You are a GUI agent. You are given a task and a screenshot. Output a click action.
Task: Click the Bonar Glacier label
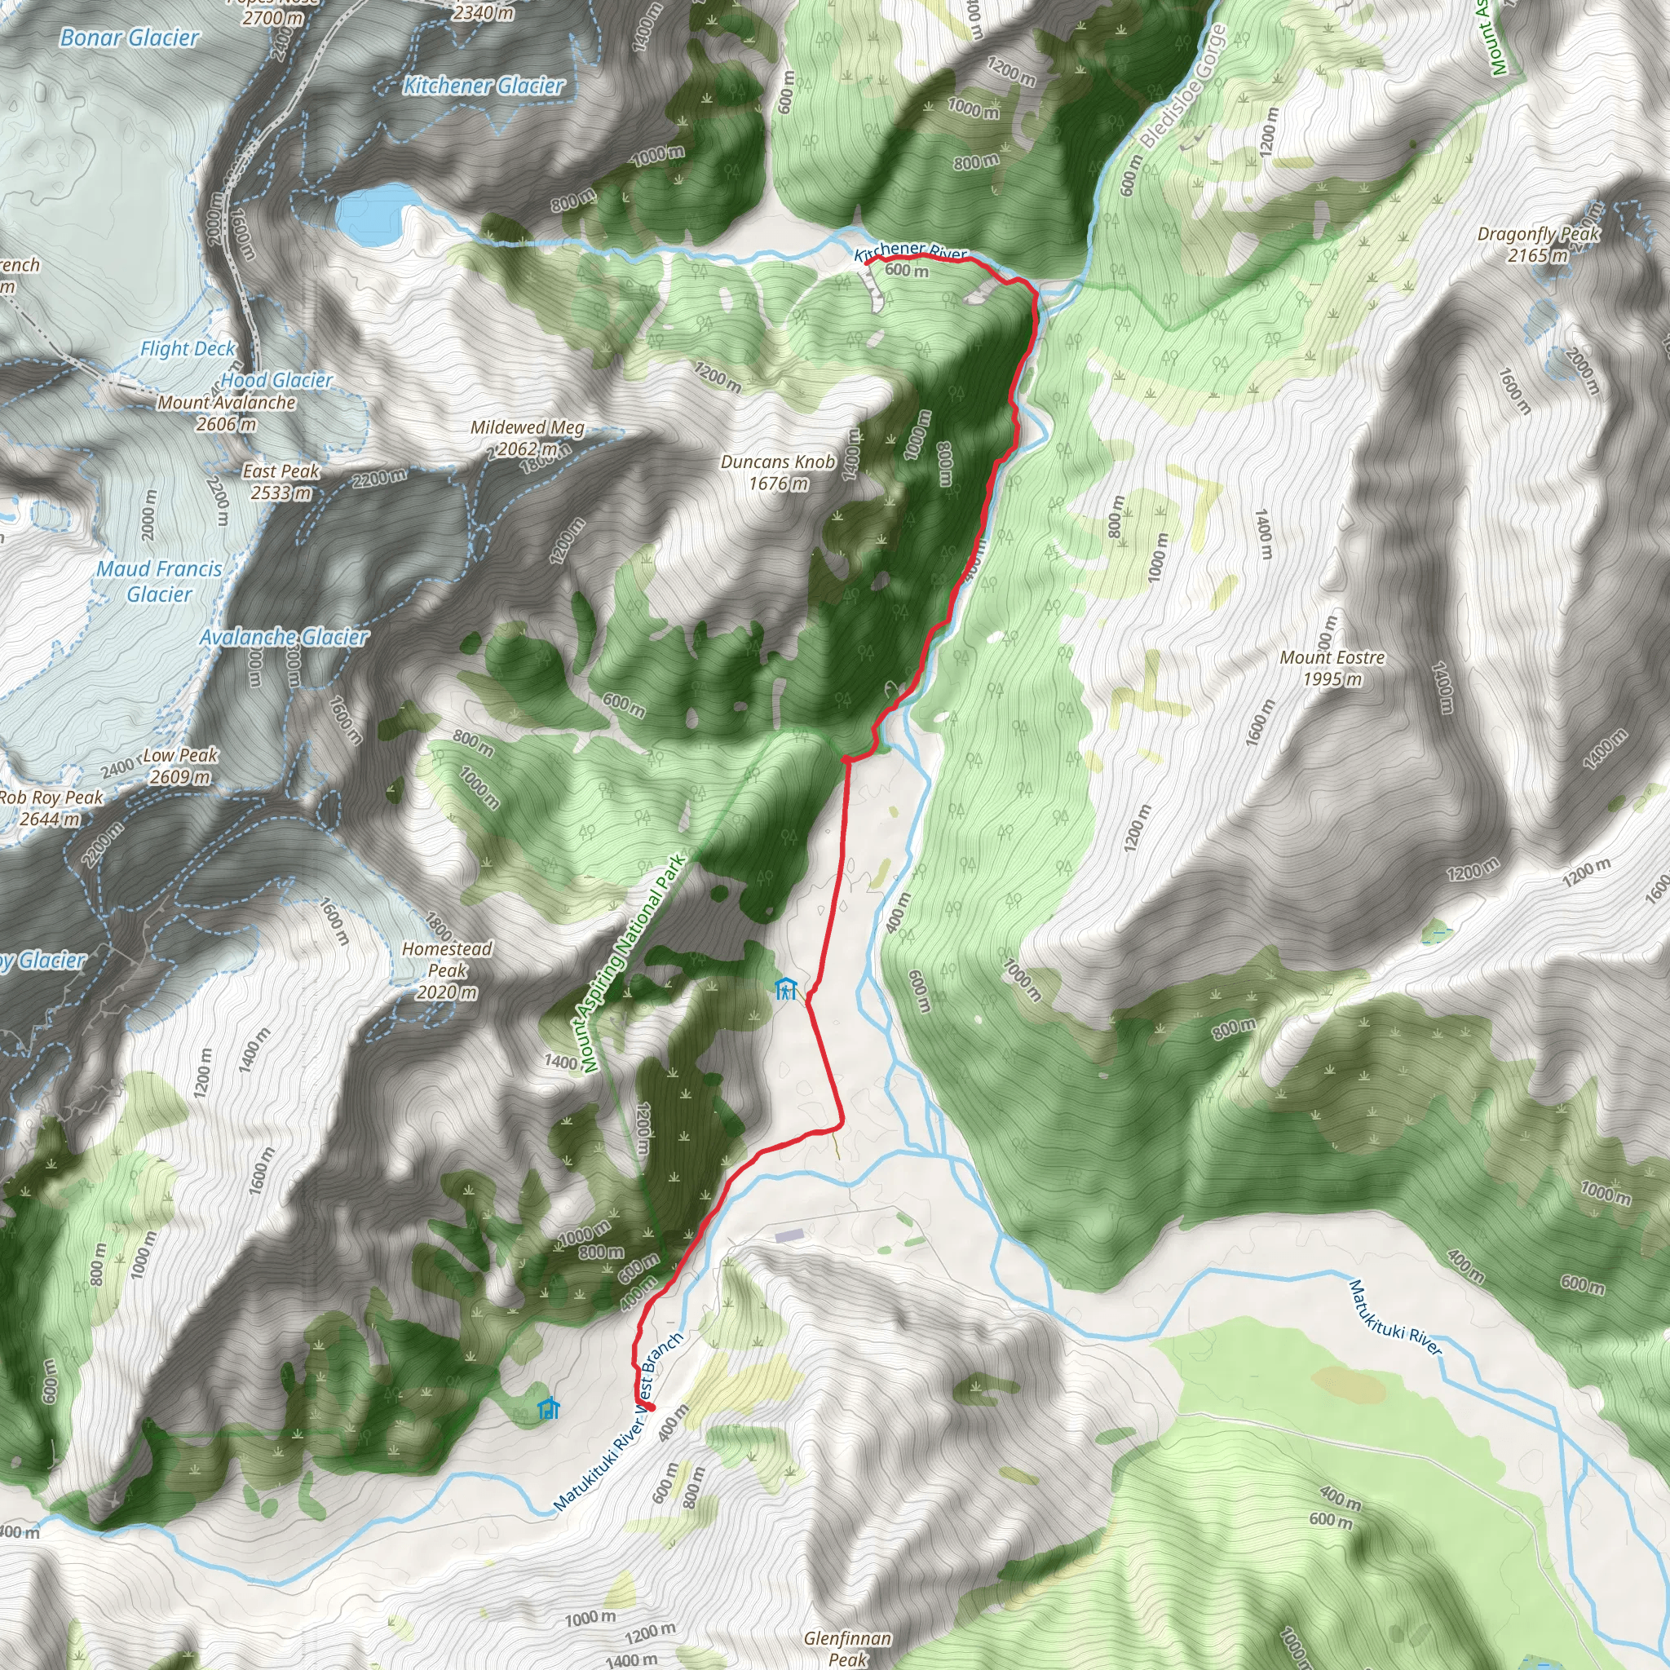click(x=130, y=38)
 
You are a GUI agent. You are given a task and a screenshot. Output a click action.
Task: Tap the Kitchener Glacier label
click(x=484, y=86)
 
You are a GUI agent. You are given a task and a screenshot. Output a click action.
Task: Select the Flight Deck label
click(x=188, y=349)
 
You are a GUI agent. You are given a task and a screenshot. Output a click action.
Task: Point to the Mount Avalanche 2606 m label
click(x=227, y=413)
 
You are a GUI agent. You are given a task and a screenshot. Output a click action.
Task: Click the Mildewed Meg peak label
click(x=528, y=437)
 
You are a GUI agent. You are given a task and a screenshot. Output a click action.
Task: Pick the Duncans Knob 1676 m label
click(x=778, y=473)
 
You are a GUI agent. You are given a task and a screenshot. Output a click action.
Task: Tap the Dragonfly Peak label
click(x=1539, y=244)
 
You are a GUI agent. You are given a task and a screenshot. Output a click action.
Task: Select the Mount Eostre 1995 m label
click(x=1332, y=668)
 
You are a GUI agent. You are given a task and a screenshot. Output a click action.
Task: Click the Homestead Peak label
click(x=447, y=970)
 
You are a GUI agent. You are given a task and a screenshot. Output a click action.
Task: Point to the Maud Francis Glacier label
click(x=159, y=581)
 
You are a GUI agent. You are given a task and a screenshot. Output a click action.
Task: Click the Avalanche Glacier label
click(x=284, y=637)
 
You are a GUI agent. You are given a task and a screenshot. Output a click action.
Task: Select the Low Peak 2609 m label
click(x=179, y=766)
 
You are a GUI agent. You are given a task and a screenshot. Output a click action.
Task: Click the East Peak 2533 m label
click(x=281, y=481)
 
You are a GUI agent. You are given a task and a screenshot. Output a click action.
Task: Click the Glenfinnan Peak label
click(x=847, y=1647)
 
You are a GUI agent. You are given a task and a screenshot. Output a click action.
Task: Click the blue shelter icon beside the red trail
click(x=785, y=988)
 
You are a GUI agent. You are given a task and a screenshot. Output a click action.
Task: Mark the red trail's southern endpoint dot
click(x=649, y=1407)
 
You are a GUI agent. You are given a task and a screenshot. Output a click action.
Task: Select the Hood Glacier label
click(x=276, y=380)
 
